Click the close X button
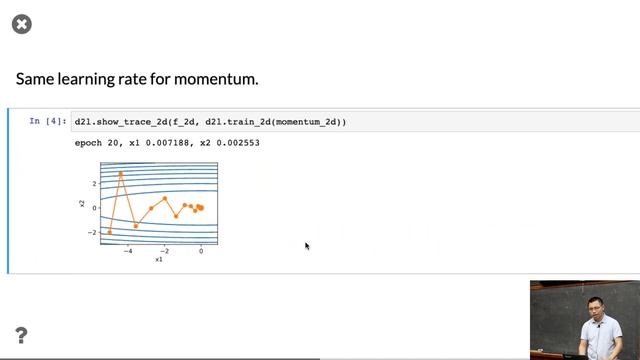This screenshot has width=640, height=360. point(21,23)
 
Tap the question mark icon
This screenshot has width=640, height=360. point(21,335)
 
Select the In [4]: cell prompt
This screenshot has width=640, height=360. point(48,122)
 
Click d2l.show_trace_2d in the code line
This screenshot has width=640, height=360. point(115,122)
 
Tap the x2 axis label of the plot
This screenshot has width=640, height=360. point(81,204)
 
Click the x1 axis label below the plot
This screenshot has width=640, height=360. point(159,260)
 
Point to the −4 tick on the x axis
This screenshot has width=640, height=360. point(127,251)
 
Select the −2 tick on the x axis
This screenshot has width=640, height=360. point(164,251)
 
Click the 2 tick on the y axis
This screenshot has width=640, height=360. point(94,184)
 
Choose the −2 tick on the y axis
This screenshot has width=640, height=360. point(92,232)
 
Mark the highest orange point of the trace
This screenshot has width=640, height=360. point(121,174)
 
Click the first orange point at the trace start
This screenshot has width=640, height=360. point(109,232)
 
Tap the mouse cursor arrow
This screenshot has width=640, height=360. point(306,245)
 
